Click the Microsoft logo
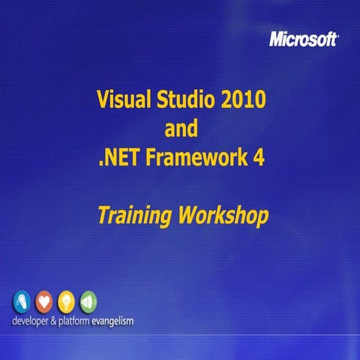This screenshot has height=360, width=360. click(303, 40)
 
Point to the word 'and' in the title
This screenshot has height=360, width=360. click(181, 128)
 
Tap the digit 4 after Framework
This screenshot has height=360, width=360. click(259, 158)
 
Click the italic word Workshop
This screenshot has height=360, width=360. click(223, 216)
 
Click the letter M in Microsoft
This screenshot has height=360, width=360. click(276, 40)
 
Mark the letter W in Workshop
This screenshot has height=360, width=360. click(187, 216)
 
